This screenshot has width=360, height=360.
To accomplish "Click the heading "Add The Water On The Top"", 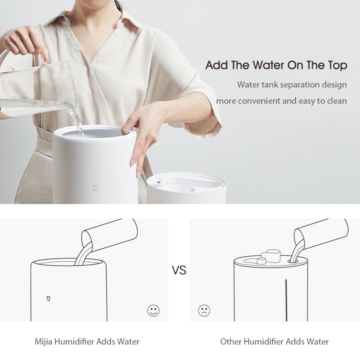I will point(276,66).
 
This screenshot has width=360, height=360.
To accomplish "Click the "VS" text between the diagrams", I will point(179,270).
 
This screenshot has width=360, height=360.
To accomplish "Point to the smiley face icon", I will point(153,310).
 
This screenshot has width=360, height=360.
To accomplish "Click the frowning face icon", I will point(204,310).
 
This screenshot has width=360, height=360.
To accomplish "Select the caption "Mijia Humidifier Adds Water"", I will point(87,341).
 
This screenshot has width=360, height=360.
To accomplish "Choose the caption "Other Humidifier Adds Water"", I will point(274,341).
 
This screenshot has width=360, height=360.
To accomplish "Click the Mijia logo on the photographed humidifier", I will point(96,187).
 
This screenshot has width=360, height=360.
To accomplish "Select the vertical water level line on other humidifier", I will point(286,299).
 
